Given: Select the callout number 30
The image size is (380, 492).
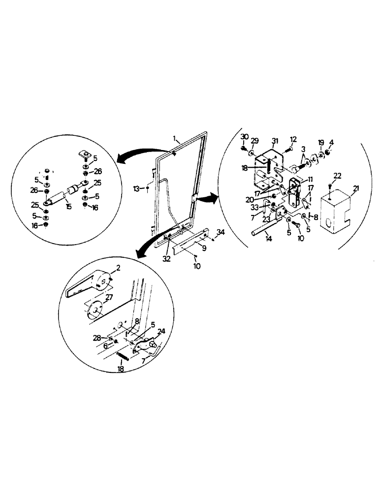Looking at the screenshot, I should pos(245,136).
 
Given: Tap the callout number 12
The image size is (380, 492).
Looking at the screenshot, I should pos(294,139).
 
